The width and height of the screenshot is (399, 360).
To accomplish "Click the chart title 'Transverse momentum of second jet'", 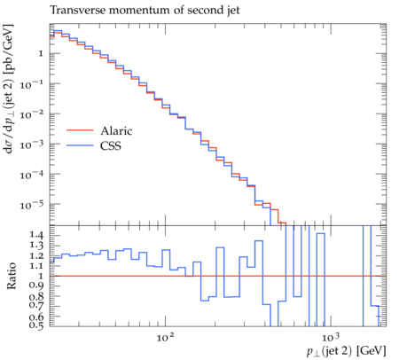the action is click(145, 11).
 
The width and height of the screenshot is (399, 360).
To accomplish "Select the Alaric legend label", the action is click(116, 130).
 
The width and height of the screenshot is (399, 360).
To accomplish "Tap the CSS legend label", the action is click(111, 145).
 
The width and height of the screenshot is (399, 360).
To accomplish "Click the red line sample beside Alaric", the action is click(80, 130).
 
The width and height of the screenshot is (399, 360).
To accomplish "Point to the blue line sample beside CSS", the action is click(80, 145).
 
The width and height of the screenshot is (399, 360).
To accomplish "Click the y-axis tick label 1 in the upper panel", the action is click(41, 54).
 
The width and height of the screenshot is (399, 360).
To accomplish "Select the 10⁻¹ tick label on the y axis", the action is click(32, 84).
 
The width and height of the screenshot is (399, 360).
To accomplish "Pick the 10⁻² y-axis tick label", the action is click(32, 114).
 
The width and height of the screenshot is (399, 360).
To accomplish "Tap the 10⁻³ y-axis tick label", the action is click(32, 145).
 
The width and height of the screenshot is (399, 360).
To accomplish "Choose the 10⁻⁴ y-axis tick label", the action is click(32, 175).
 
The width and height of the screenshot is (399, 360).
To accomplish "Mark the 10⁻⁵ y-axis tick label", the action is click(32, 205).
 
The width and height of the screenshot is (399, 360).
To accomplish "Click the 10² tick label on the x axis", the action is click(165, 337).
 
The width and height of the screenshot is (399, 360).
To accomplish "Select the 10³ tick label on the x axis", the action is click(331, 337).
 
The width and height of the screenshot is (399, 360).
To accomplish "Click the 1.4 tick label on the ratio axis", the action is click(36, 236).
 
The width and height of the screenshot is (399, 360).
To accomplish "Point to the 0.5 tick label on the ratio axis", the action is click(36, 325).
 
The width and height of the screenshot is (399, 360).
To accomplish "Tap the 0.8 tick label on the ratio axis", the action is click(36, 296).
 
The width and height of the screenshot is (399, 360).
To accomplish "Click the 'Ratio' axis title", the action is click(12, 276).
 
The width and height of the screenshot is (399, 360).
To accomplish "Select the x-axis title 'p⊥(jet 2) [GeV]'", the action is click(346, 351).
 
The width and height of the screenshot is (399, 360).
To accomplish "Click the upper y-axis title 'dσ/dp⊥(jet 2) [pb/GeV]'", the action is click(8, 90).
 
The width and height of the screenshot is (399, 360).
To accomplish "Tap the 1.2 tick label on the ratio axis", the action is click(36, 256).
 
